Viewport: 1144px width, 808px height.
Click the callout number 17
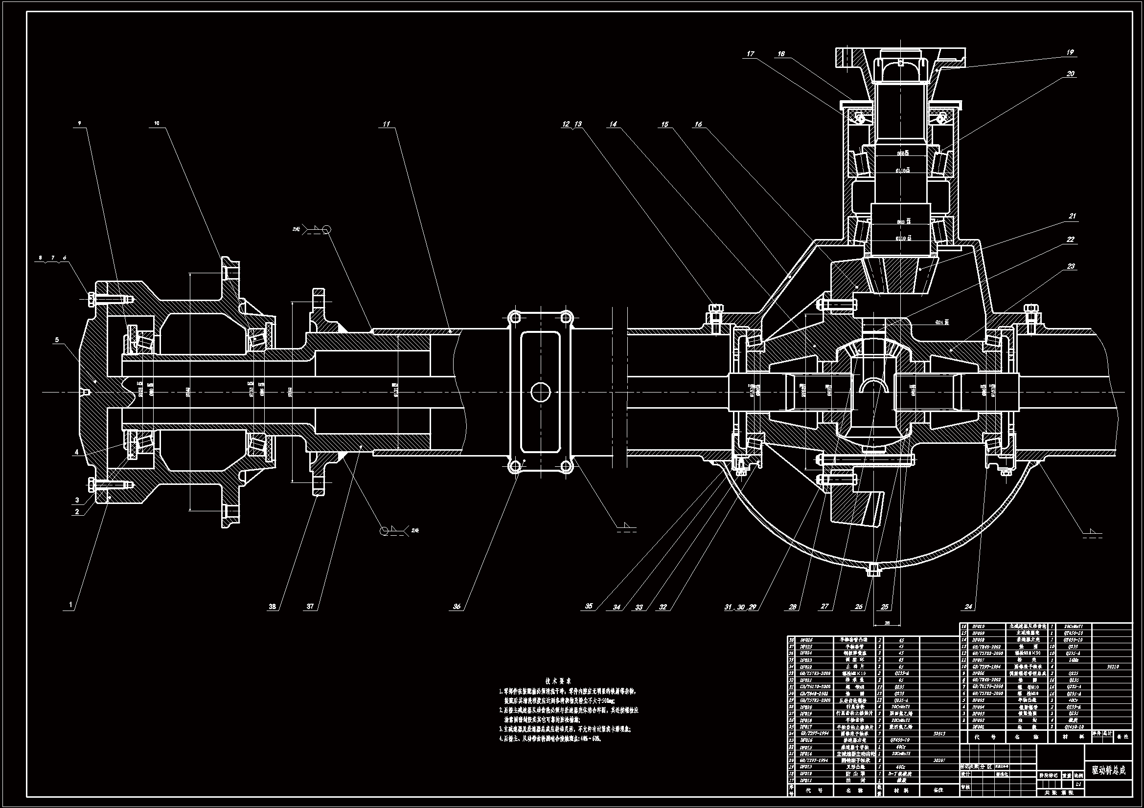click(751, 54)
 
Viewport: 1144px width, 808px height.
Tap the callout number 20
click(1070, 74)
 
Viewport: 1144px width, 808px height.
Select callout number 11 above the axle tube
click(387, 125)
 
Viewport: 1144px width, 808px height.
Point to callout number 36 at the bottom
click(457, 607)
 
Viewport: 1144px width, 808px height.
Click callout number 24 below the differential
click(968, 607)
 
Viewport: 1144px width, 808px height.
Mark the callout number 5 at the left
click(57, 340)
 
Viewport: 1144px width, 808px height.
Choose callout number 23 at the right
click(1071, 266)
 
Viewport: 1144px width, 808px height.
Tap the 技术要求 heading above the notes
click(558, 680)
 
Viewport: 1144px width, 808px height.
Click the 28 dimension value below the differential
click(887, 623)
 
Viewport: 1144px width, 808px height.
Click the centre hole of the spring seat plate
click(540, 393)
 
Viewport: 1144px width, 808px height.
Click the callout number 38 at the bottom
click(273, 607)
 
